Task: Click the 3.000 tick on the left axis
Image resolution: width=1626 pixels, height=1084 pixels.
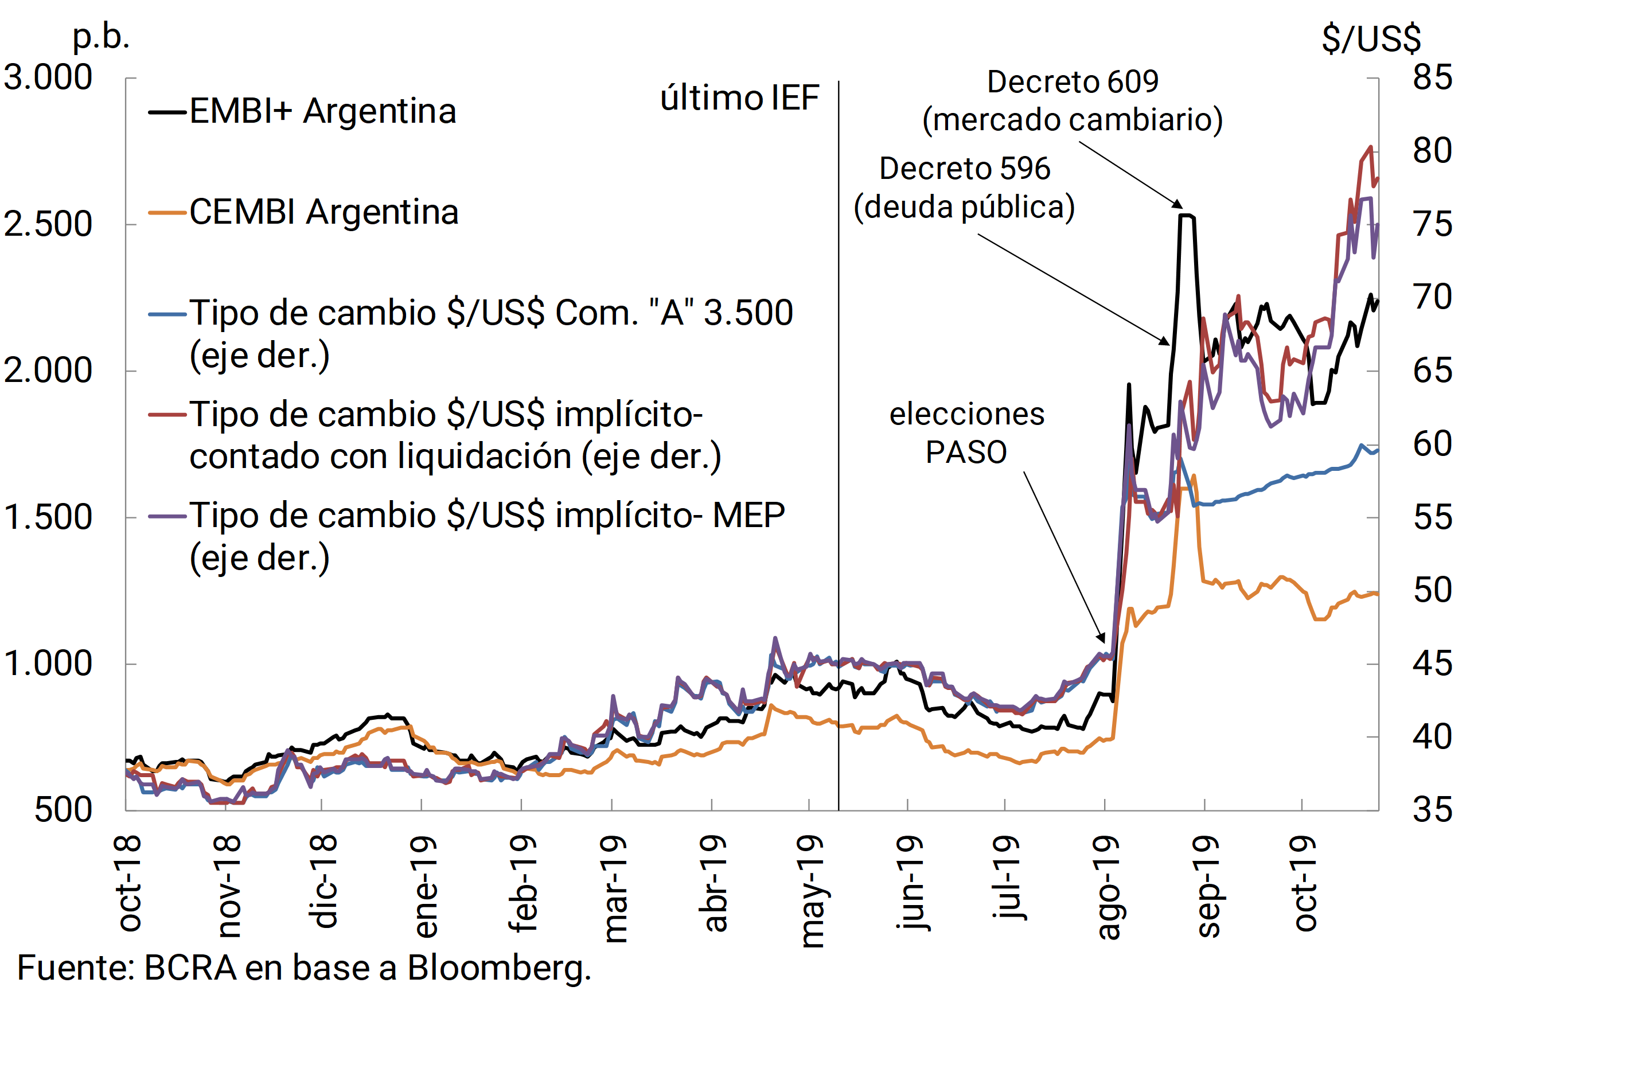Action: [x=48, y=77]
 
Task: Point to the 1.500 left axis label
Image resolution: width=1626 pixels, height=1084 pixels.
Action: [x=48, y=517]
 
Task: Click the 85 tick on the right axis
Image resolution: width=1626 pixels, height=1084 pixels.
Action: [x=1433, y=77]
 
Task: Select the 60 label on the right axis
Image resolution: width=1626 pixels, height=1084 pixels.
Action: [x=1433, y=444]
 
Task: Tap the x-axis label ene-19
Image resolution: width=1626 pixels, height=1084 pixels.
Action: [x=423, y=886]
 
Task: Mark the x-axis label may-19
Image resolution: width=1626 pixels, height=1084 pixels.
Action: [x=811, y=892]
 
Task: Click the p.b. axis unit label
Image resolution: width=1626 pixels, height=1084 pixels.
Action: [x=102, y=36]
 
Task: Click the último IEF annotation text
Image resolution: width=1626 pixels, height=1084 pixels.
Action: [x=740, y=98]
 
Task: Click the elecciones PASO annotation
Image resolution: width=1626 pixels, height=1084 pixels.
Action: [x=966, y=434]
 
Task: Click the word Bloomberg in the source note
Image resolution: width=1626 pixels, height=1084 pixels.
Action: [x=498, y=969]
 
